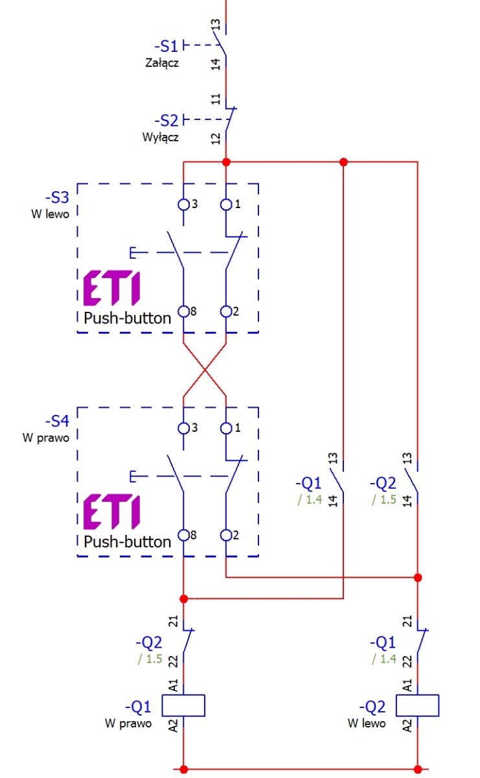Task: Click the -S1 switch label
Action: tap(166, 46)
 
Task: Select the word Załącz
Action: tap(162, 63)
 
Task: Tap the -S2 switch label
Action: tap(166, 121)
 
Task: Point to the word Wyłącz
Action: tap(161, 137)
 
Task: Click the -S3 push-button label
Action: tap(57, 197)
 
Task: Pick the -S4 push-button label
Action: tap(57, 421)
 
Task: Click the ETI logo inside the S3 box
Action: tap(112, 288)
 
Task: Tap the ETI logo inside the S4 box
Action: tap(112, 512)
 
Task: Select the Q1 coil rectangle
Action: tap(183, 705)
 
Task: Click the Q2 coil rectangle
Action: tap(418, 705)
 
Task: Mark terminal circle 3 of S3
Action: tap(183, 205)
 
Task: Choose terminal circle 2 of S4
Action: tap(226, 536)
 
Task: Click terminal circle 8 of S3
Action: tap(183, 312)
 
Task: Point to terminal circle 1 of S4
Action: tap(226, 429)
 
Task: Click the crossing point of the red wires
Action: tap(205, 370)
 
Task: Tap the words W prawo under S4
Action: tap(46, 438)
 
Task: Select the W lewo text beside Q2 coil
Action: tap(367, 724)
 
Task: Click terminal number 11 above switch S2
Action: tap(216, 99)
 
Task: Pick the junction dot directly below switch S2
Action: tap(226, 162)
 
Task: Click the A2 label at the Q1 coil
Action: tap(173, 726)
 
